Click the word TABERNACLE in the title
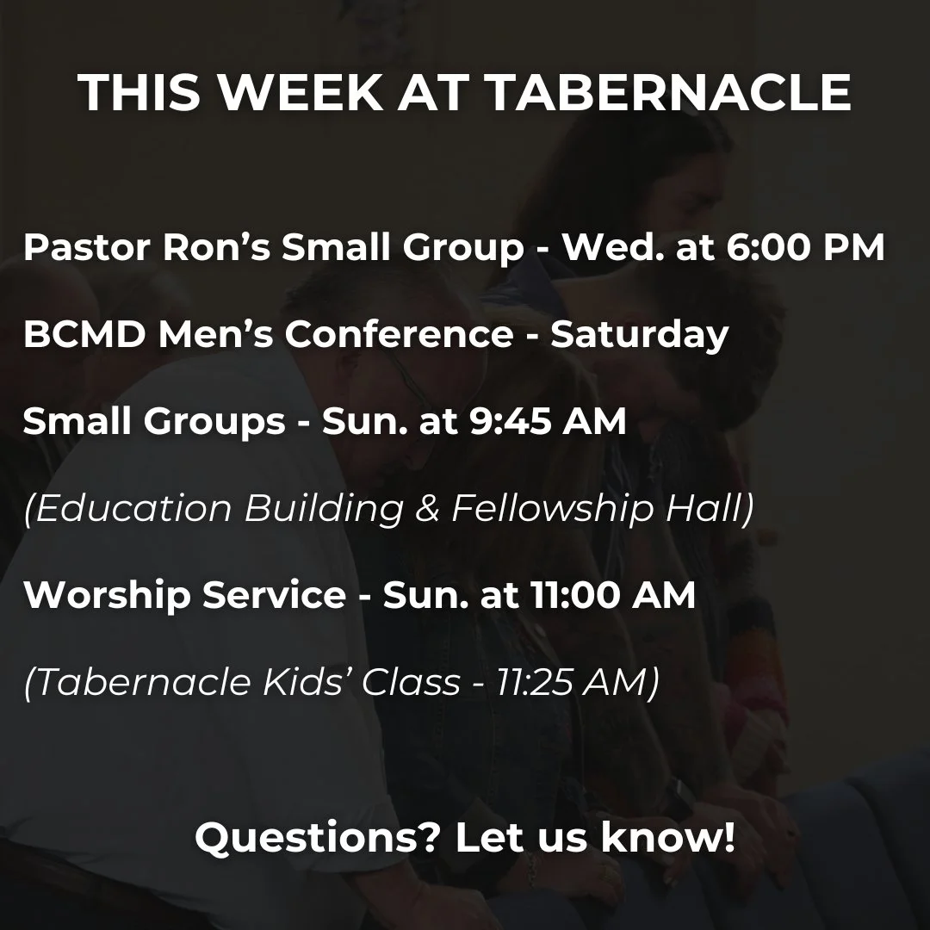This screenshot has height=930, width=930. pos(670,93)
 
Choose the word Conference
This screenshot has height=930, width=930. pos(399,335)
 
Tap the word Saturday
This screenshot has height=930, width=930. pos(640,335)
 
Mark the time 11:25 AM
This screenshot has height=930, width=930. pos(576,683)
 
